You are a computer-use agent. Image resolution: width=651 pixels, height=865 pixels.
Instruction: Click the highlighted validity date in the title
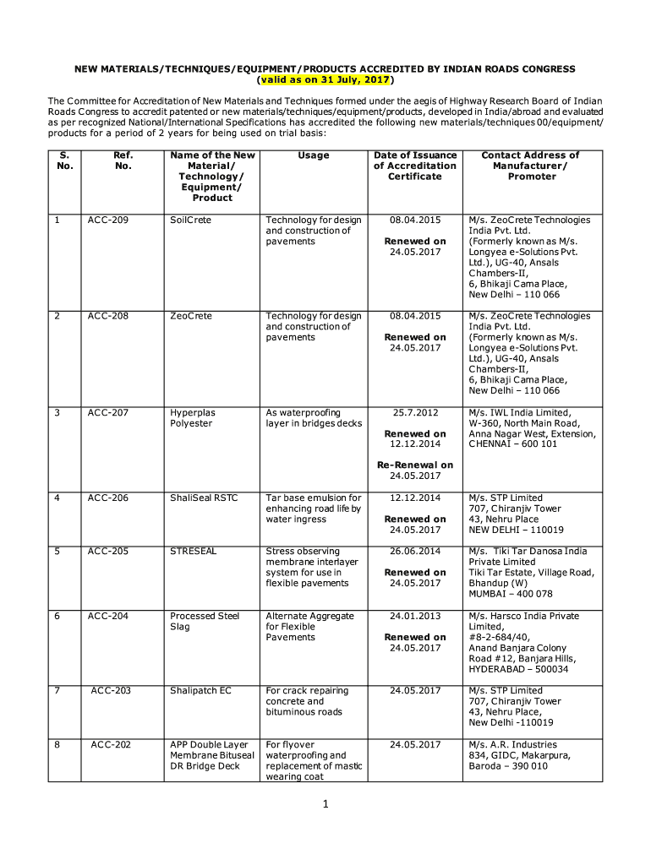[325, 79]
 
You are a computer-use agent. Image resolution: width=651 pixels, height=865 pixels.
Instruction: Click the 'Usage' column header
[314, 155]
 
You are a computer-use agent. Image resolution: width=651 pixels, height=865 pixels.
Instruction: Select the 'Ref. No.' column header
[123, 160]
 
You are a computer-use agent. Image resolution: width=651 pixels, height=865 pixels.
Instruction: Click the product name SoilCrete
[191, 220]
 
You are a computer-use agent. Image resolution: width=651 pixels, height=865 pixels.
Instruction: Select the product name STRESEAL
[194, 552]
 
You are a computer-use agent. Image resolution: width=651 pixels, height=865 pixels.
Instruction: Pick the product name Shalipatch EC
[200, 691]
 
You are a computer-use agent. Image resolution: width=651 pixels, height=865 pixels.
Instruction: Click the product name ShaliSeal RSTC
[204, 498]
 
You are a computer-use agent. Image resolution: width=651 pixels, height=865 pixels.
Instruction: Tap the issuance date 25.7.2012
[415, 413]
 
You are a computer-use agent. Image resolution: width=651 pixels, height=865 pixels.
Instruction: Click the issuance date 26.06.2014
[415, 552]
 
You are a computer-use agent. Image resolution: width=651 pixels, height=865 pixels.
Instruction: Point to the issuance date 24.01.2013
[415, 617]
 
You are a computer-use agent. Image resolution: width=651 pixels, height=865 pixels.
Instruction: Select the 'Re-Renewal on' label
[415, 465]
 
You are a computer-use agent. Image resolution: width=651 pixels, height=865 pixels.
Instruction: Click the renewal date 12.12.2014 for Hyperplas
[415, 443]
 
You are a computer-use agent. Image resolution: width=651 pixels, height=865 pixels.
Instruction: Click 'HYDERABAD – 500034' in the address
[518, 670]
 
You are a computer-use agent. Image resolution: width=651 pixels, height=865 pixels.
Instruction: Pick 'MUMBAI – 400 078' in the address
[511, 594]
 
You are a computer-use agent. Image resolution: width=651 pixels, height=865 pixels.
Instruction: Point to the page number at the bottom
[325, 805]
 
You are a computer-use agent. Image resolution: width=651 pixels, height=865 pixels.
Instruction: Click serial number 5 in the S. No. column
[57, 552]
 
